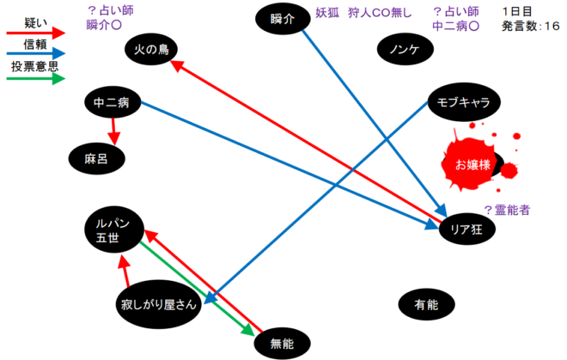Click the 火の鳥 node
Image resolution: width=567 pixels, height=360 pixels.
click(x=151, y=51)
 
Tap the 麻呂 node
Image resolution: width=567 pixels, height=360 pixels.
click(x=97, y=157)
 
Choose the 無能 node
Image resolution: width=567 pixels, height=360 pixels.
click(x=282, y=343)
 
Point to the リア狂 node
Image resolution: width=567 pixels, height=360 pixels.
click(x=463, y=229)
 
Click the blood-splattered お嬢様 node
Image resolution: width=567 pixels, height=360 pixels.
click(x=472, y=164)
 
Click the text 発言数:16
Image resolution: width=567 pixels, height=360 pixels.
click(x=531, y=27)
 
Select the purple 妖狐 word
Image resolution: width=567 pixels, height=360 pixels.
click(x=329, y=12)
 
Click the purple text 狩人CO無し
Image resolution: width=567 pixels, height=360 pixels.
click(x=381, y=12)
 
